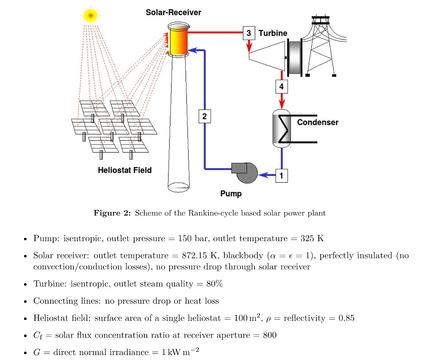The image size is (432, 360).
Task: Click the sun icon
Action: (90, 16)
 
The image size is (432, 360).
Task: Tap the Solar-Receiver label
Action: (173, 13)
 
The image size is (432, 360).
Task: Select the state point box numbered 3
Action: (249, 33)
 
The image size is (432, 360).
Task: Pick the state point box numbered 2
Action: (205, 116)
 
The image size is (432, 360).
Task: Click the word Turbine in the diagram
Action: (273, 33)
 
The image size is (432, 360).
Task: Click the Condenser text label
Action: (318, 122)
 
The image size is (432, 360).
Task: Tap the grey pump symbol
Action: (245, 172)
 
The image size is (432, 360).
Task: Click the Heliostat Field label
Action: (124, 170)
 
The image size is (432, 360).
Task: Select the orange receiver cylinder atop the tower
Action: (178, 40)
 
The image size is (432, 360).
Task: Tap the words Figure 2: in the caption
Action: (112, 213)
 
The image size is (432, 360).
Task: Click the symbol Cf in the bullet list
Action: (37, 336)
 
